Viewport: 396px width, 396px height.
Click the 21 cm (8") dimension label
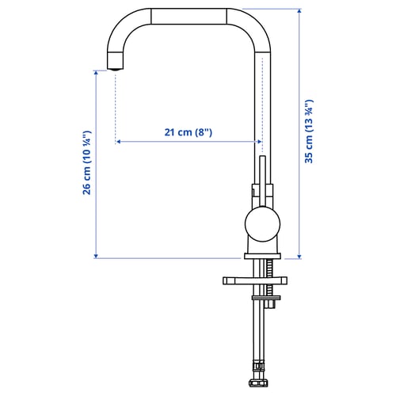point(188,132)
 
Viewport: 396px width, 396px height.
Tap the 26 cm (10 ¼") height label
point(87,162)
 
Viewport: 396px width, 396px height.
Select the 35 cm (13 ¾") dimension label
point(309,131)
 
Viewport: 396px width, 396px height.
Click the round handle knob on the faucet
point(262,224)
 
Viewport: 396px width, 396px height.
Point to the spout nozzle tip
point(116,69)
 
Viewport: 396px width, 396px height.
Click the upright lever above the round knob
point(263,181)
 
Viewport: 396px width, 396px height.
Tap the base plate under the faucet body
point(262,256)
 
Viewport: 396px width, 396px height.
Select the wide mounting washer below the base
point(255,280)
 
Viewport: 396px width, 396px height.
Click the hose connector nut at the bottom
point(258,383)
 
